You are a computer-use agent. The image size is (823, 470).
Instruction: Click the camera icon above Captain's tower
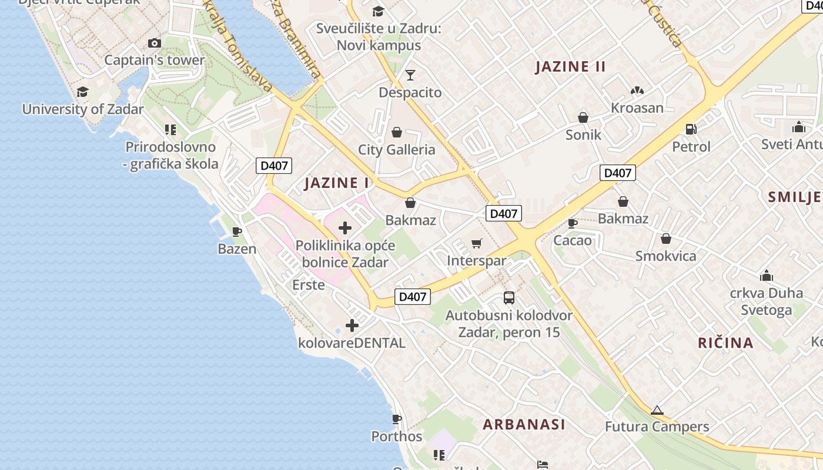(x=155, y=43)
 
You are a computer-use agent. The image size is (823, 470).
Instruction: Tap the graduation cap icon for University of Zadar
(x=82, y=92)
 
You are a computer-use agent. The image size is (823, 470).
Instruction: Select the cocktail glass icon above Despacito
(x=410, y=75)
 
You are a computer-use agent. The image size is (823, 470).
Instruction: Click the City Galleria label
(x=397, y=150)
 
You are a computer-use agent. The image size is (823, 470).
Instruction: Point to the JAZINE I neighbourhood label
(x=337, y=183)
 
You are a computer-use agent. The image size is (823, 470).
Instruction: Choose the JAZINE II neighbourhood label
(x=570, y=66)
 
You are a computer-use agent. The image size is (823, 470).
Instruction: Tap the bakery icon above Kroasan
(x=637, y=90)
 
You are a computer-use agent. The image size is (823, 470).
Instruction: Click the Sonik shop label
(x=583, y=135)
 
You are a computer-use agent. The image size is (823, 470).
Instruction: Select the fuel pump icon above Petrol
(x=691, y=129)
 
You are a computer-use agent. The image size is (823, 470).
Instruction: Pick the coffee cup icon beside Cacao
(x=573, y=223)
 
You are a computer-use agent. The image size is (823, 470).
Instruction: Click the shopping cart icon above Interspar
(x=477, y=243)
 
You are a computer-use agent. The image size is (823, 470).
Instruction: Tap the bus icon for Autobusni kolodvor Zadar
(x=509, y=298)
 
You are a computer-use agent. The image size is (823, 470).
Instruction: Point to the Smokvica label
(x=665, y=256)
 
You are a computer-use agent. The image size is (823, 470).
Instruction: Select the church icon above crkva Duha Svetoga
(x=767, y=276)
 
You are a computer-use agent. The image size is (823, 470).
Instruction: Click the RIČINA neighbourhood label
(x=725, y=343)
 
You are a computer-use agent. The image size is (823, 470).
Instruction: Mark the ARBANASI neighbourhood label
(x=524, y=424)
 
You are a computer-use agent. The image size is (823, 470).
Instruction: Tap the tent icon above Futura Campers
(x=657, y=410)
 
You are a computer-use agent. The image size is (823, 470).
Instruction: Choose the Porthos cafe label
(x=397, y=437)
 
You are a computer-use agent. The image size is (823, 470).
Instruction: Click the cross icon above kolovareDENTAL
(x=352, y=325)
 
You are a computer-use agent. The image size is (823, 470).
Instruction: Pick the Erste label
(x=309, y=285)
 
